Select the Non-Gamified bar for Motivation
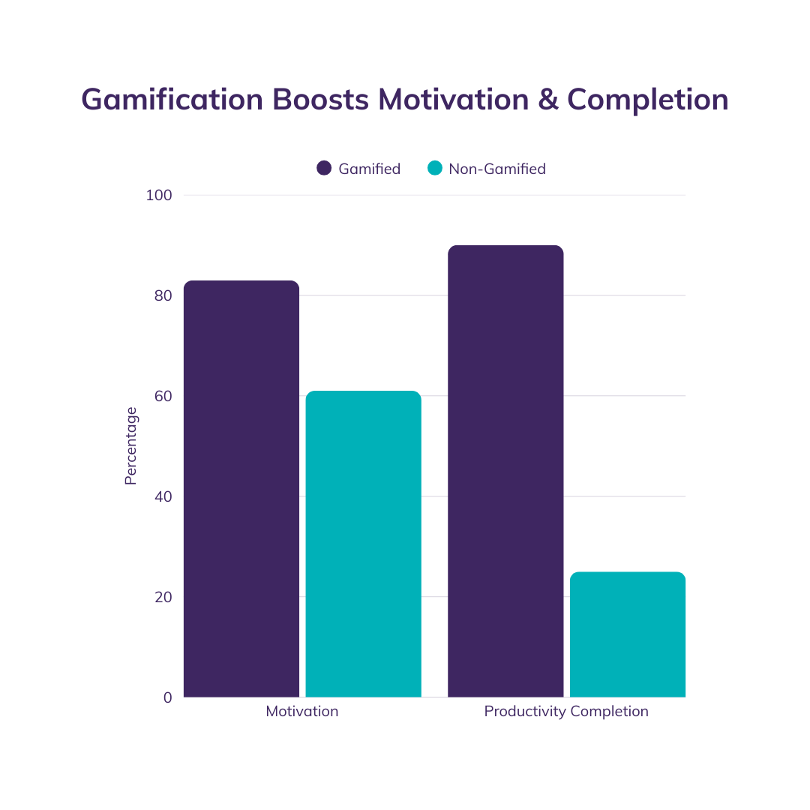click(363, 544)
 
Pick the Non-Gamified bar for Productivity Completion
click(628, 634)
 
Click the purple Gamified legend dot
click(324, 169)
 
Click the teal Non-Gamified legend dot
click(434, 169)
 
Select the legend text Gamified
click(369, 169)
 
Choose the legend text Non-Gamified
click(497, 169)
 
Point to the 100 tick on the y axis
click(158, 196)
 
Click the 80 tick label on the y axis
click(162, 295)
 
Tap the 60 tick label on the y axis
click(162, 396)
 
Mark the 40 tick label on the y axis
click(162, 496)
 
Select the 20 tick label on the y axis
click(162, 597)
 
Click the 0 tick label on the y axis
click(167, 697)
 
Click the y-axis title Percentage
click(131, 445)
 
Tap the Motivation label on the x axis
click(302, 711)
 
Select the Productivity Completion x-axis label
click(566, 711)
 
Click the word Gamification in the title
click(172, 100)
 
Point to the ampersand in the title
click(548, 100)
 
